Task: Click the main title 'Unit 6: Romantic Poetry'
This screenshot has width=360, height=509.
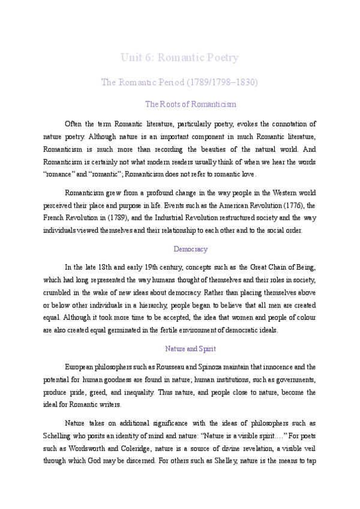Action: [179, 58]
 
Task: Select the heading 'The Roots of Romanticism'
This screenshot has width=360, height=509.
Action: [191, 104]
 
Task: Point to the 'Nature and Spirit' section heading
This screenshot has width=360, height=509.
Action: [190, 348]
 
